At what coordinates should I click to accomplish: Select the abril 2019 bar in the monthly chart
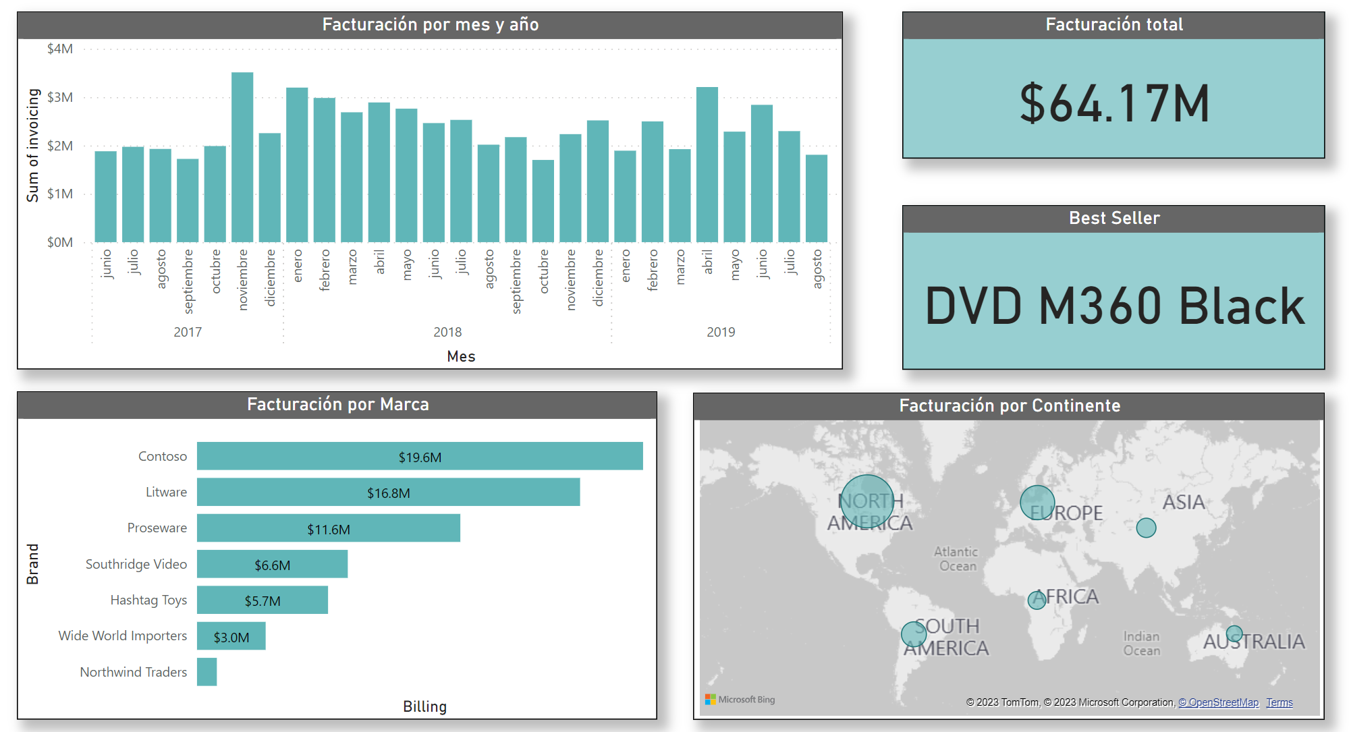click(707, 165)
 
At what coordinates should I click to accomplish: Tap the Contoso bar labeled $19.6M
click(420, 457)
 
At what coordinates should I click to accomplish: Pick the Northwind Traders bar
click(207, 672)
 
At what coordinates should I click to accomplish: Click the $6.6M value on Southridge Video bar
click(273, 565)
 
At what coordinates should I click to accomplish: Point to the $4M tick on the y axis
click(60, 49)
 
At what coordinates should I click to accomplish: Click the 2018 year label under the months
click(447, 332)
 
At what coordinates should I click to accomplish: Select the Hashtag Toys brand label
click(148, 600)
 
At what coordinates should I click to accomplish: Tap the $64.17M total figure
click(1114, 104)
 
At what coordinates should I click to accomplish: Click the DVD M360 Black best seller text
click(1114, 306)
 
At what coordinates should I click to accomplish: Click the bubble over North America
click(867, 501)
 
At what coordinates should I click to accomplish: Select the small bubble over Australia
click(1234, 634)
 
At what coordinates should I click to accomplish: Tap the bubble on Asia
click(1146, 528)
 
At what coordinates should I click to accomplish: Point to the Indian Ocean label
click(1142, 643)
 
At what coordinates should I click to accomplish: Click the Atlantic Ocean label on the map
click(956, 559)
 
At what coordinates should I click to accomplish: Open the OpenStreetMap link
click(1219, 702)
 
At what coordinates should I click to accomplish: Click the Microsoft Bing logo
click(740, 700)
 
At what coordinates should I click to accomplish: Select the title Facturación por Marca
click(337, 404)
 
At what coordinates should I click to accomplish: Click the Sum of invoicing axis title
click(32, 145)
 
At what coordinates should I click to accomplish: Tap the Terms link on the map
click(1279, 702)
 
